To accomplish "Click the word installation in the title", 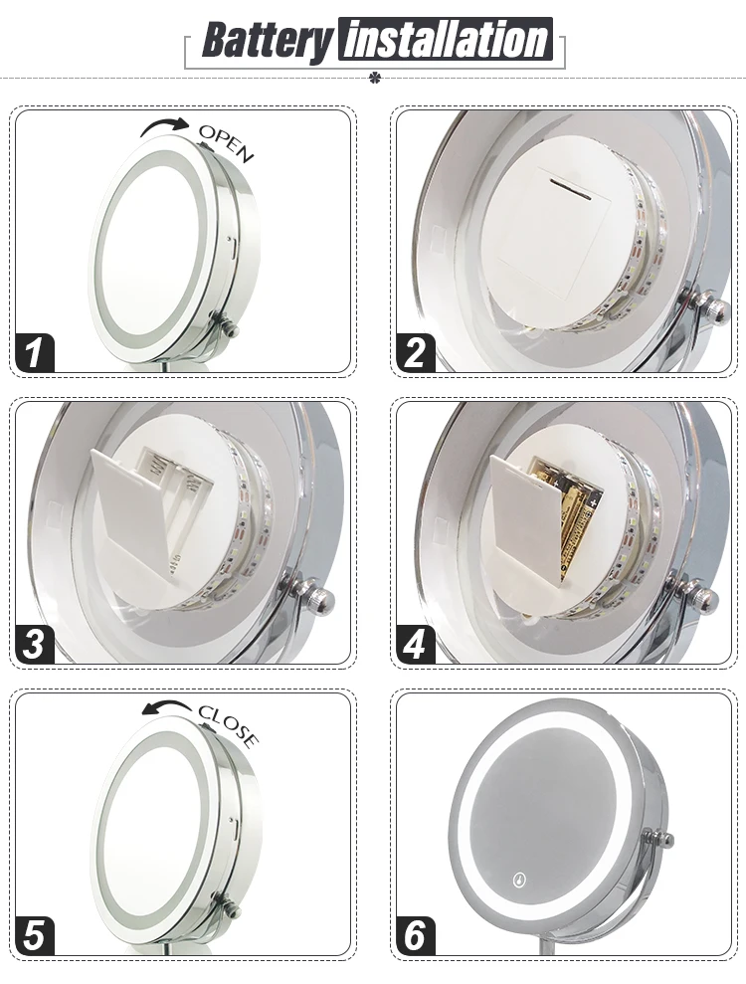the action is click(447, 40).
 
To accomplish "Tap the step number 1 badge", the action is click(35, 352).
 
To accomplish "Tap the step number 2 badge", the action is click(416, 352).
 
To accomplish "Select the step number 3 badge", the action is click(35, 644).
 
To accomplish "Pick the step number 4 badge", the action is click(416, 644).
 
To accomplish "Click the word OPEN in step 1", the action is click(227, 142).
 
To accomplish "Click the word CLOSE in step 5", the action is click(229, 725).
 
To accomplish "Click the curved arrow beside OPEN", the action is click(164, 125).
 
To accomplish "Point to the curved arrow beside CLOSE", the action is click(166, 706).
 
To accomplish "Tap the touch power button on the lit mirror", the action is click(519, 880).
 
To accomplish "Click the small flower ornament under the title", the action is click(376, 79).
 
